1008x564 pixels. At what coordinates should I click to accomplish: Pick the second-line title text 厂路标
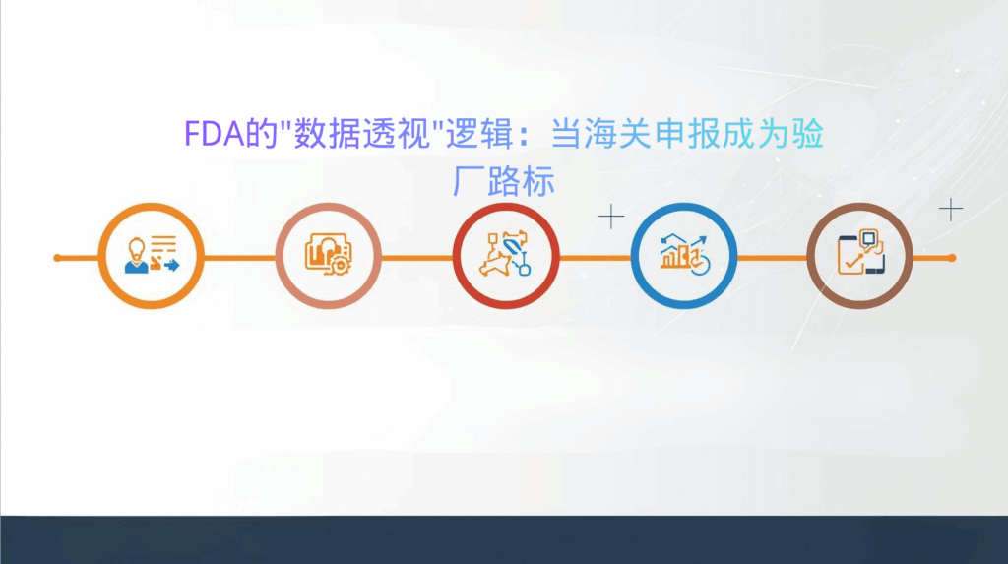[503, 181]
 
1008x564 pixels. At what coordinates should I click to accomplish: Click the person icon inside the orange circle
[137, 255]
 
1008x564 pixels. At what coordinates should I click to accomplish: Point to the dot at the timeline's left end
[57, 258]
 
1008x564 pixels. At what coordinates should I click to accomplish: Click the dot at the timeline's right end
[951, 258]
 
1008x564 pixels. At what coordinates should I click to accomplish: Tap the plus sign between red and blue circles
[611, 217]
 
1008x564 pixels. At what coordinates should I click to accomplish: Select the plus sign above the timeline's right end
[950, 209]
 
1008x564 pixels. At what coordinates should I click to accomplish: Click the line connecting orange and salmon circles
[239, 258]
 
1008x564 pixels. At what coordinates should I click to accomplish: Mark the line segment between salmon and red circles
[416, 258]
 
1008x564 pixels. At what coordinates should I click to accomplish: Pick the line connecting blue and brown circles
[771, 258]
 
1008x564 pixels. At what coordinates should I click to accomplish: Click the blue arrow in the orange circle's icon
[172, 266]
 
